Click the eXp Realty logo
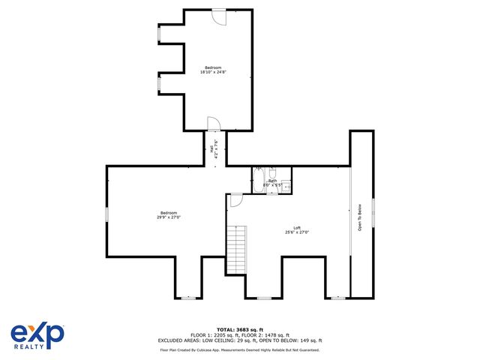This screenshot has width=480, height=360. click(37, 335)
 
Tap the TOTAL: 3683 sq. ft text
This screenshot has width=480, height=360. click(240, 329)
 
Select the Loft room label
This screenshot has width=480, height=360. click(297, 228)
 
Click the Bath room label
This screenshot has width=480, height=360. click(273, 180)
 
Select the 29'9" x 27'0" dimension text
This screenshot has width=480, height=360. click(169, 217)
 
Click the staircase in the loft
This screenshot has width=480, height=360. click(237, 250)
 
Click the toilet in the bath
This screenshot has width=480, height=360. click(273, 172)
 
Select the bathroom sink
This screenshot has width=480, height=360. click(286, 185)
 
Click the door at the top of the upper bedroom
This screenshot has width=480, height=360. click(217, 15)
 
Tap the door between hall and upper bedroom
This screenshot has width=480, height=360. click(213, 123)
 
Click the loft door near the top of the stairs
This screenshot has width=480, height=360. click(235, 199)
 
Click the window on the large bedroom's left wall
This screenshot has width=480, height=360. click(106, 214)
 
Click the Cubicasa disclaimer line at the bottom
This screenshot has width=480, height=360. click(240, 349)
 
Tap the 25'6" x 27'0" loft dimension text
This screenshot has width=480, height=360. click(297, 232)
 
